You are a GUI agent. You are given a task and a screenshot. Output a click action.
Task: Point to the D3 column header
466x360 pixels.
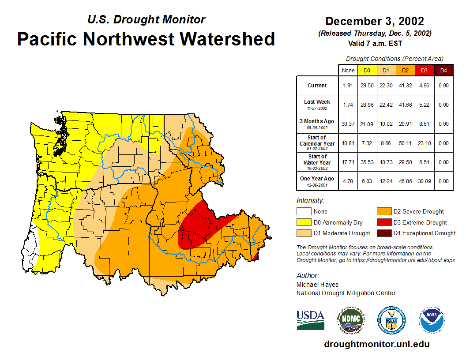click(424, 70)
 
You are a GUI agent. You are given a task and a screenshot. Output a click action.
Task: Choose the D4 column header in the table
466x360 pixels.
click(443, 70)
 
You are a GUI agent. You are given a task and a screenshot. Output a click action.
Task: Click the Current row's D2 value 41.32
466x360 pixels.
click(405, 86)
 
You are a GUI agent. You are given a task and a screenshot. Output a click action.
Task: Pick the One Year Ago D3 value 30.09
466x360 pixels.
click(424, 181)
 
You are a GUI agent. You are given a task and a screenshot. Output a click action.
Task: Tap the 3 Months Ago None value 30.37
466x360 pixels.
click(348, 124)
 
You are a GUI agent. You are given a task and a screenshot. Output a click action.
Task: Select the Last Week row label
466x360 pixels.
click(317, 102)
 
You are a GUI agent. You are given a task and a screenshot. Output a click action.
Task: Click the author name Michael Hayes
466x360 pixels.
click(317, 285)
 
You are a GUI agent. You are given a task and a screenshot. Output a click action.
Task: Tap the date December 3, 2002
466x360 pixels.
click(375, 21)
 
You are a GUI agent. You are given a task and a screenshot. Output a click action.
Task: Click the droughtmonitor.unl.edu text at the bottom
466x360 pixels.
click(376, 344)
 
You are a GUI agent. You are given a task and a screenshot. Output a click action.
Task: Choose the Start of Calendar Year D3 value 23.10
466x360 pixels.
click(424, 143)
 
